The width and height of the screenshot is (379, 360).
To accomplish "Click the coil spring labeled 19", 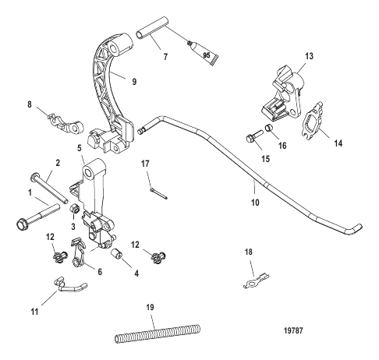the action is (158, 334).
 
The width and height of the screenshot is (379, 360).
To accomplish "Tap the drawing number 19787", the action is (293, 330).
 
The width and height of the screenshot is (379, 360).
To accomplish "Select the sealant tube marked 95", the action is (204, 54).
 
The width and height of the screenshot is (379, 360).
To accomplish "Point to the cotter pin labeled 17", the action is (158, 194).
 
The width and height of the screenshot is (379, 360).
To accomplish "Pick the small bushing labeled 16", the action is (269, 128).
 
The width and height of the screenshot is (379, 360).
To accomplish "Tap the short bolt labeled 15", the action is (254, 136).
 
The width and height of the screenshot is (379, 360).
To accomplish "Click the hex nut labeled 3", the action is (75, 208).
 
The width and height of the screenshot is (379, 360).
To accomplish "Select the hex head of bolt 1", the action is (23, 224).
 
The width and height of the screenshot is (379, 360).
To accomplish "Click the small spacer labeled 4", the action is (117, 253).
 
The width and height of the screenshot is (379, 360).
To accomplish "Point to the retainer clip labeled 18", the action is (257, 281).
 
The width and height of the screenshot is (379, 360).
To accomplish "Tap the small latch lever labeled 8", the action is (66, 123).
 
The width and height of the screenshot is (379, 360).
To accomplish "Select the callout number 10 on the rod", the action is (255, 203).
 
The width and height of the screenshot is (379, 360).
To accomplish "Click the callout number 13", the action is (309, 56).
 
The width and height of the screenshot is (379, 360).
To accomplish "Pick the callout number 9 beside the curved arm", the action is (134, 82).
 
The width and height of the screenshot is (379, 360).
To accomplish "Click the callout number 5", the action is (80, 148).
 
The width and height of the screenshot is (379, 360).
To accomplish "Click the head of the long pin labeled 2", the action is (34, 177).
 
